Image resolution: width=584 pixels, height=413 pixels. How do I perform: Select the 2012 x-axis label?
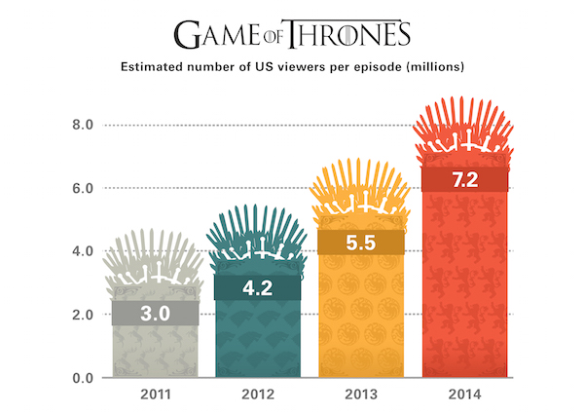coord(257,395)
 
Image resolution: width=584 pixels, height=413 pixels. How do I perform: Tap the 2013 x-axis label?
coord(360,395)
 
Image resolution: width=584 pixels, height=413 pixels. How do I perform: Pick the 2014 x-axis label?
coord(463,395)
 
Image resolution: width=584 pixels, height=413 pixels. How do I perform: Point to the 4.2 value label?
coord(257,288)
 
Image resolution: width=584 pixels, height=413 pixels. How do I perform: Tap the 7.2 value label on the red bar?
coord(463,180)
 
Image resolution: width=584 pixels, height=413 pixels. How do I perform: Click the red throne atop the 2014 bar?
coord(463,131)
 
